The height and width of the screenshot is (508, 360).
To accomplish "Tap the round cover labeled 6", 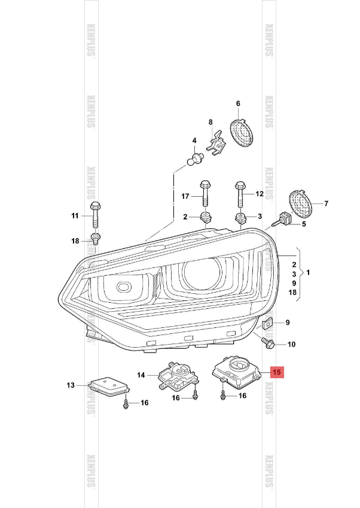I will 242,132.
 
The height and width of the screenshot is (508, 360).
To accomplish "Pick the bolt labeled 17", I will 205,192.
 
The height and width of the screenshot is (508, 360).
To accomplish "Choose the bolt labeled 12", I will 240,193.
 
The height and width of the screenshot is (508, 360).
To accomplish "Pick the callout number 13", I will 71,385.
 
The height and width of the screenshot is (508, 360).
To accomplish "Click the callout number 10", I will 291,345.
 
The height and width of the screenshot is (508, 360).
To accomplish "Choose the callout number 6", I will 237,103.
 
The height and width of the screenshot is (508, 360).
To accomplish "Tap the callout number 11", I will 75,215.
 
